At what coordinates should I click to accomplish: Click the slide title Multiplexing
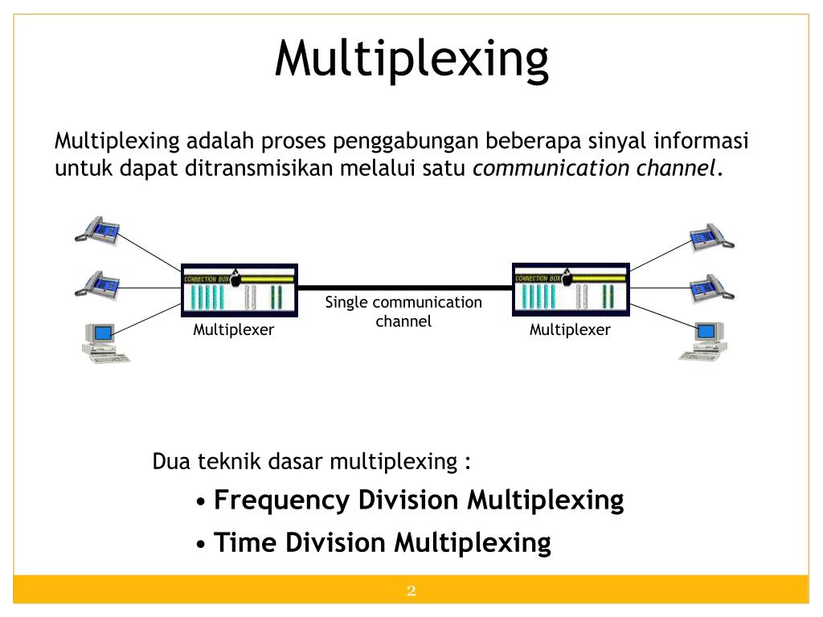click(x=411, y=59)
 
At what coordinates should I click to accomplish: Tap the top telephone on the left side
click(x=98, y=228)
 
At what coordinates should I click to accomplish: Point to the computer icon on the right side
click(x=704, y=341)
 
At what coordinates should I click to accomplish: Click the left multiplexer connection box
click(x=239, y=288)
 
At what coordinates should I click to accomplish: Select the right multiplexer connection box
click(x=570, y=288)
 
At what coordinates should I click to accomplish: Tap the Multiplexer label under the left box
click(x=233, y=329)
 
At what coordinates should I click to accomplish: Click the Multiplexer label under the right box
click(x=570, y=329)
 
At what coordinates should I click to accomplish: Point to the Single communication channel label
click(x=403, y=312)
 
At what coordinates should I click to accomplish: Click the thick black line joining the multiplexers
click(x=405, y=287)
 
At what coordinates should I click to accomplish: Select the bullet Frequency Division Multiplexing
click(x=419, y=500)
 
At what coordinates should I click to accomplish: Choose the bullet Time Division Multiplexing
click(x=383, y=542)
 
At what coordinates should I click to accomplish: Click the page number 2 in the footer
click(x=411, y=592)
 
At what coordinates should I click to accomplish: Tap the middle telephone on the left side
click(x=98, y=283)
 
